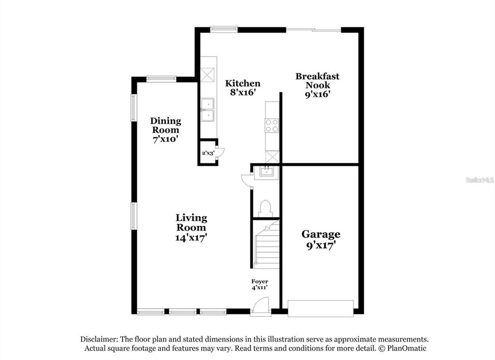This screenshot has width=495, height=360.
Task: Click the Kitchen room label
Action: coord(243,88)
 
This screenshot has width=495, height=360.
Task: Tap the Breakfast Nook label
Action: coord(317,85)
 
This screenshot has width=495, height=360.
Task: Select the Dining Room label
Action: coord(165,130)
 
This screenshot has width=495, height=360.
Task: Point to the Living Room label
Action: coord(191,227)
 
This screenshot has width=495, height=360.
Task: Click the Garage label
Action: coord(320,239)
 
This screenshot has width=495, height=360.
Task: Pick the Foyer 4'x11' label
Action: coord(260,285)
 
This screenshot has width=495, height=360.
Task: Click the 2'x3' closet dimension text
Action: coord(207,153)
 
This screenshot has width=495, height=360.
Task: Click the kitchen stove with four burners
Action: coord(272,126)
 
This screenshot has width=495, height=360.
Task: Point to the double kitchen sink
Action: coord(208,109)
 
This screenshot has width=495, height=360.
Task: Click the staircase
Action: coord(266,245)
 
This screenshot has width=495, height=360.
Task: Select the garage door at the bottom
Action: coord(320,309)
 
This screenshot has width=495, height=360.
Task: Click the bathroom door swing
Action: coord(246,179)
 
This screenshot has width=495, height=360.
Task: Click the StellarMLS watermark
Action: coord(479,180)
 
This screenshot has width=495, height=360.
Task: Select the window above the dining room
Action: coord(161,78)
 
